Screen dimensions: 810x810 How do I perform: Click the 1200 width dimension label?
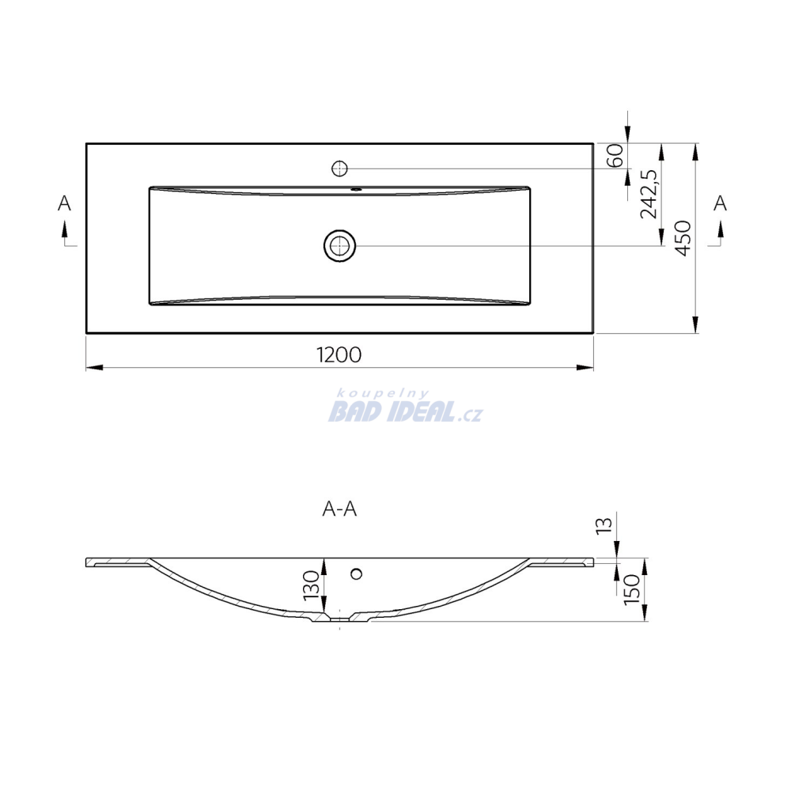tap(339, 355)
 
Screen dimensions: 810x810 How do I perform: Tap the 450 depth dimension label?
tap(683, 238)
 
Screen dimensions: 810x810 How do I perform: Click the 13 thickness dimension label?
tap(604, 525)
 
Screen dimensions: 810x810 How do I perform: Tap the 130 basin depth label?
tap(312, 585)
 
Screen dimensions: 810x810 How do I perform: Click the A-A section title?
tap(339, 509)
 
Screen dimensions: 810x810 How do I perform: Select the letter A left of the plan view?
tap(64, 203)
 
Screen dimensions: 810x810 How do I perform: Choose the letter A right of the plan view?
tap(720, 203)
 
